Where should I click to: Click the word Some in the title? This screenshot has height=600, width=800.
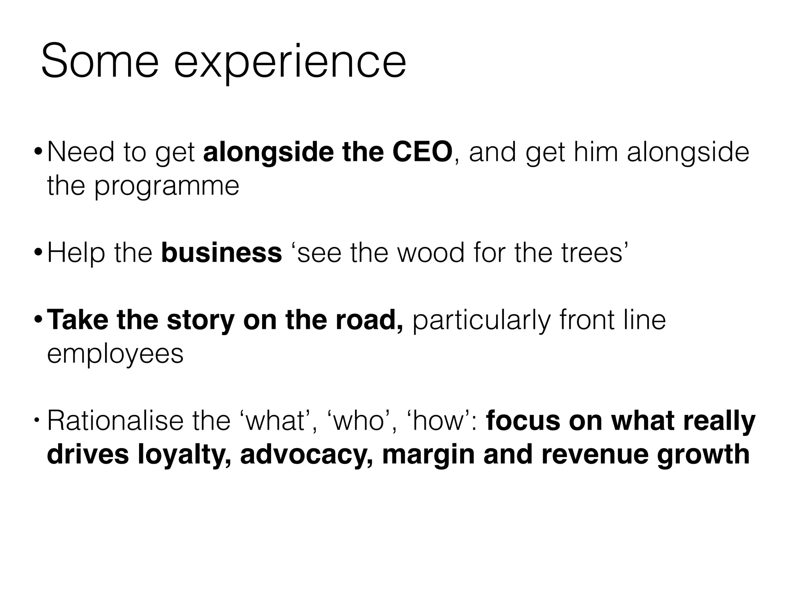click(100, 62)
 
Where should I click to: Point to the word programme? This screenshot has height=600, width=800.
click(167, 187)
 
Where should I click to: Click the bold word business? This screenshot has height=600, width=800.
click(221, 253)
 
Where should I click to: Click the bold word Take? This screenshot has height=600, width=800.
click(77, 320)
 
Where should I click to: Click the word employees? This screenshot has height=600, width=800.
click(115, 355)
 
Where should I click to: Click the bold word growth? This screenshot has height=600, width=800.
click(703, 455)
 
